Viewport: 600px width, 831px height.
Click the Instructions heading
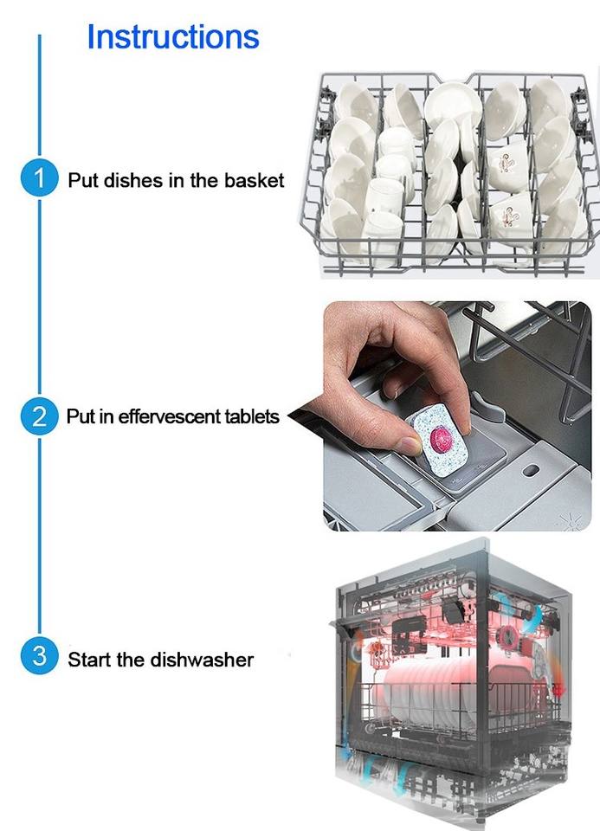173,36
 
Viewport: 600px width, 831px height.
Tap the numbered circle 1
39,178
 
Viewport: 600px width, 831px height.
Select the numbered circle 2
39,416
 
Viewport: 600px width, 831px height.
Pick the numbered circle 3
39,655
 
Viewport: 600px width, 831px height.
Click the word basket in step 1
254,180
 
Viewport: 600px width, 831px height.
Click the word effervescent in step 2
169,416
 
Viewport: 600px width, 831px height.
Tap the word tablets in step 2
252,416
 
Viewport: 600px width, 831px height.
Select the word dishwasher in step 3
202,660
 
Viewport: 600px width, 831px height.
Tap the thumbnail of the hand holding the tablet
457,416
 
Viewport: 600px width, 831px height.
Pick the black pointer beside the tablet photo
306,419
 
